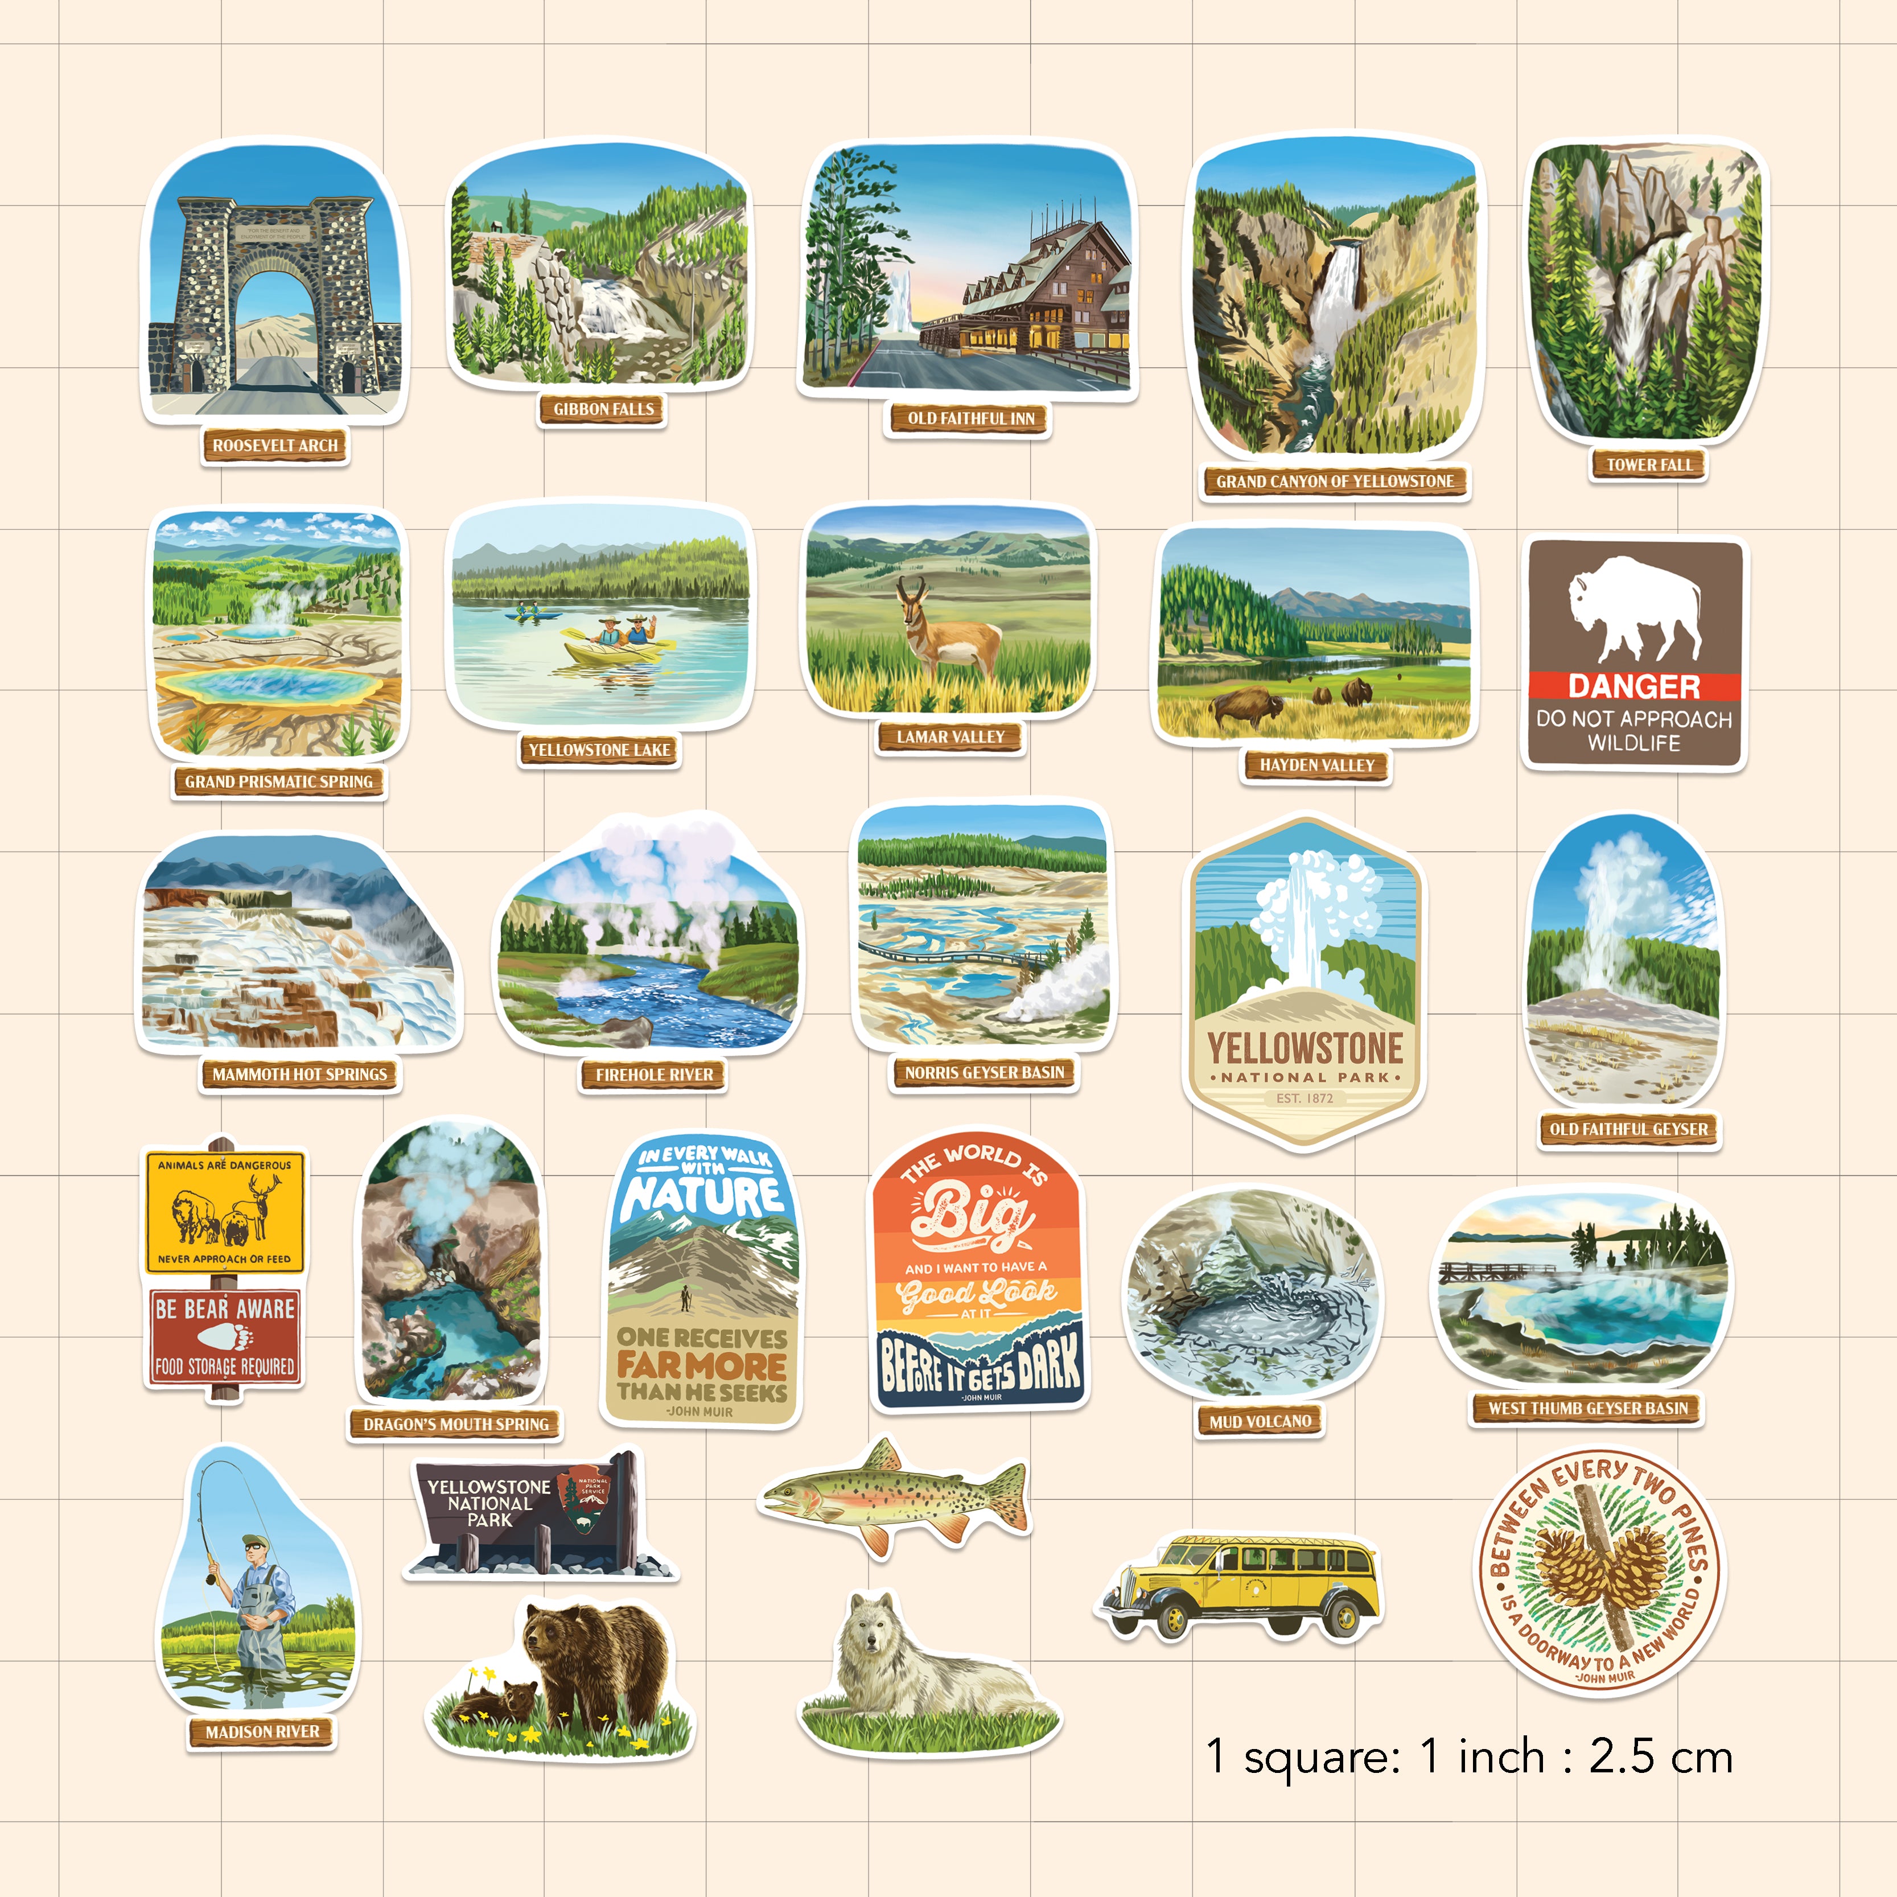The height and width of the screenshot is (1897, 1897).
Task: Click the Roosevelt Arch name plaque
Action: [x=275, y=445]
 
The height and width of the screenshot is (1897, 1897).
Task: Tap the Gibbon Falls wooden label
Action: [x=603, y=409]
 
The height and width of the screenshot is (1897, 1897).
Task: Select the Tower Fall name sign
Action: [x=1649, y=464]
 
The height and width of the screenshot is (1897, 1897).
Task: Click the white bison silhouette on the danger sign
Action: [x=1634, y=609]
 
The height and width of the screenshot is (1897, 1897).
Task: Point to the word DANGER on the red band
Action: [x=1634, y=685]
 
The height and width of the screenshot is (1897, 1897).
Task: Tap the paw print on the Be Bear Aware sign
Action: [x=225, y=1338]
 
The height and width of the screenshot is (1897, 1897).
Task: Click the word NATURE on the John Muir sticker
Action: [x=702, y=1196]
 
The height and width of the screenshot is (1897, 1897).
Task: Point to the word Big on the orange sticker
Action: [x=972, y=1213]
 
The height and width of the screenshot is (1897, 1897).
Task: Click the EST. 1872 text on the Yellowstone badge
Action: [x=1305, y=1098]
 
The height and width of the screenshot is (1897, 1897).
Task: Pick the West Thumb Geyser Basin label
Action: [x=1588, y=1408]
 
